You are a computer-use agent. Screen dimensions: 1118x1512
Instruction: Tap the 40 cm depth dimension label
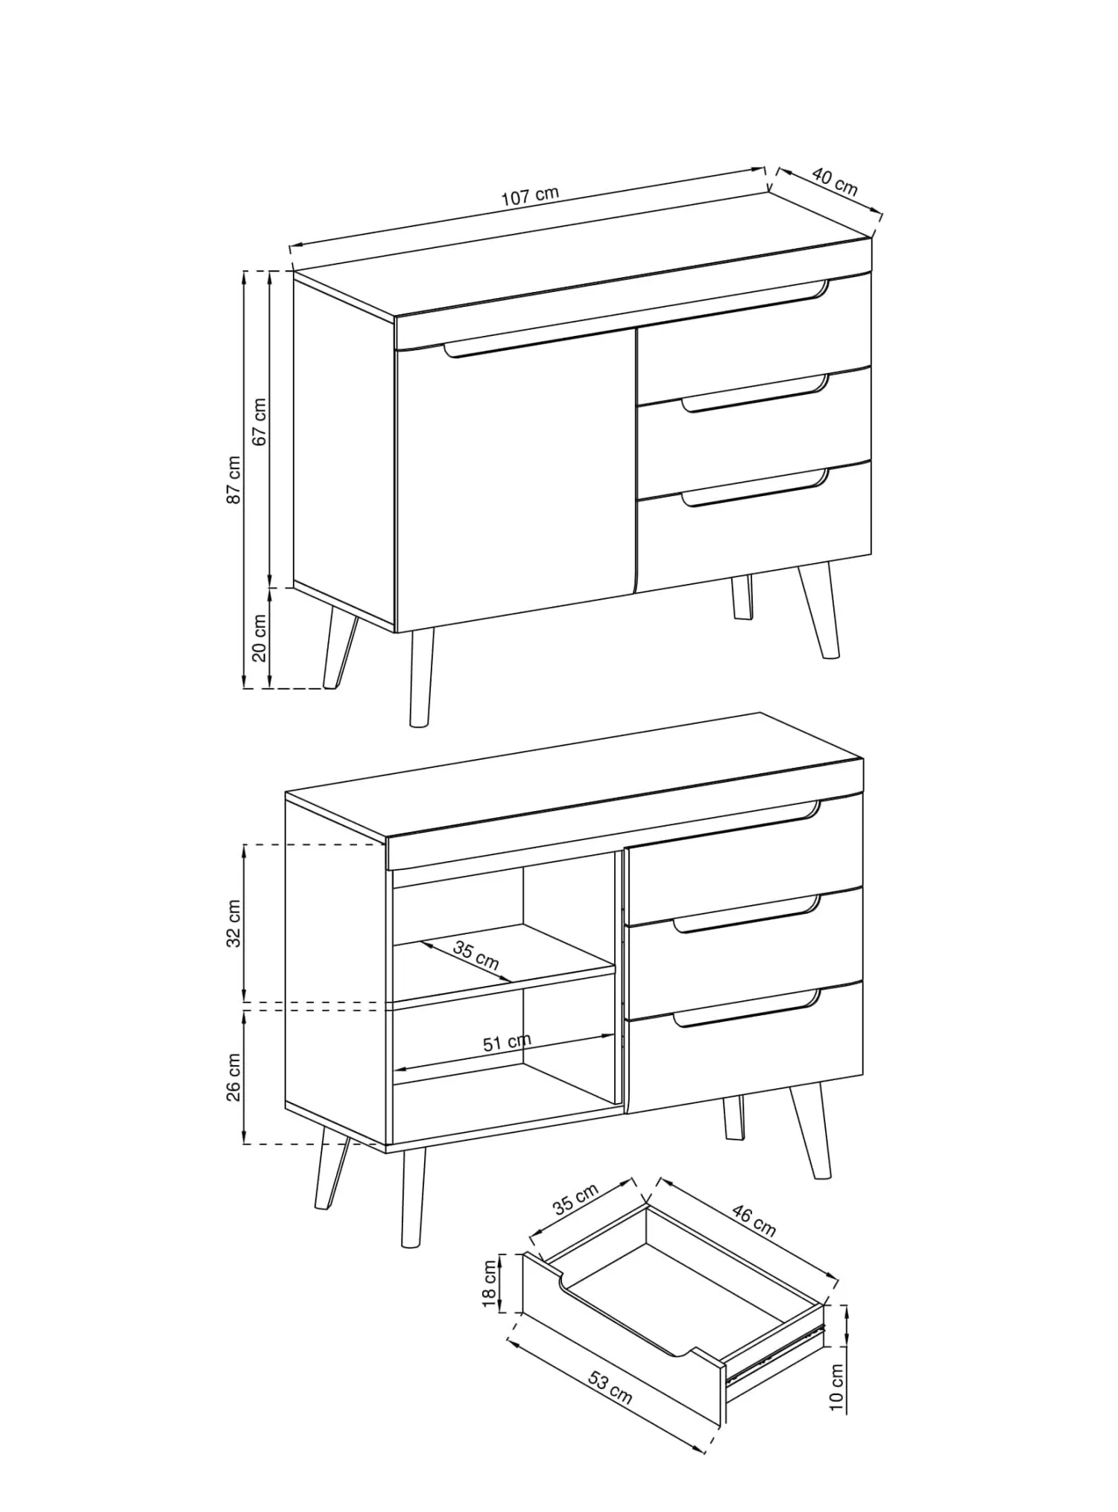[x=835, y=182]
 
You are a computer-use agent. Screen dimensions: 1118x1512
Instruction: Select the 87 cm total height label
[x=234, y=480]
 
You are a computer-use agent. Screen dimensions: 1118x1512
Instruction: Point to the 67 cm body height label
[x=259, y=422]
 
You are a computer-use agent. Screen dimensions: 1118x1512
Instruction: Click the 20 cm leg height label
[x=259, y=638]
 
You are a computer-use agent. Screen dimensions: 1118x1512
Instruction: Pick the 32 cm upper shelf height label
[x=234, y=924]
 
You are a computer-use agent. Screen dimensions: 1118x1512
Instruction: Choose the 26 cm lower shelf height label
[x=234, y=1077]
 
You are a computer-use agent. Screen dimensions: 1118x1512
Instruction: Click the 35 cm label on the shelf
[x=476, y=955]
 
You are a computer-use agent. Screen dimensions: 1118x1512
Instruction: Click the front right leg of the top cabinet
[x=820, y=612]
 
